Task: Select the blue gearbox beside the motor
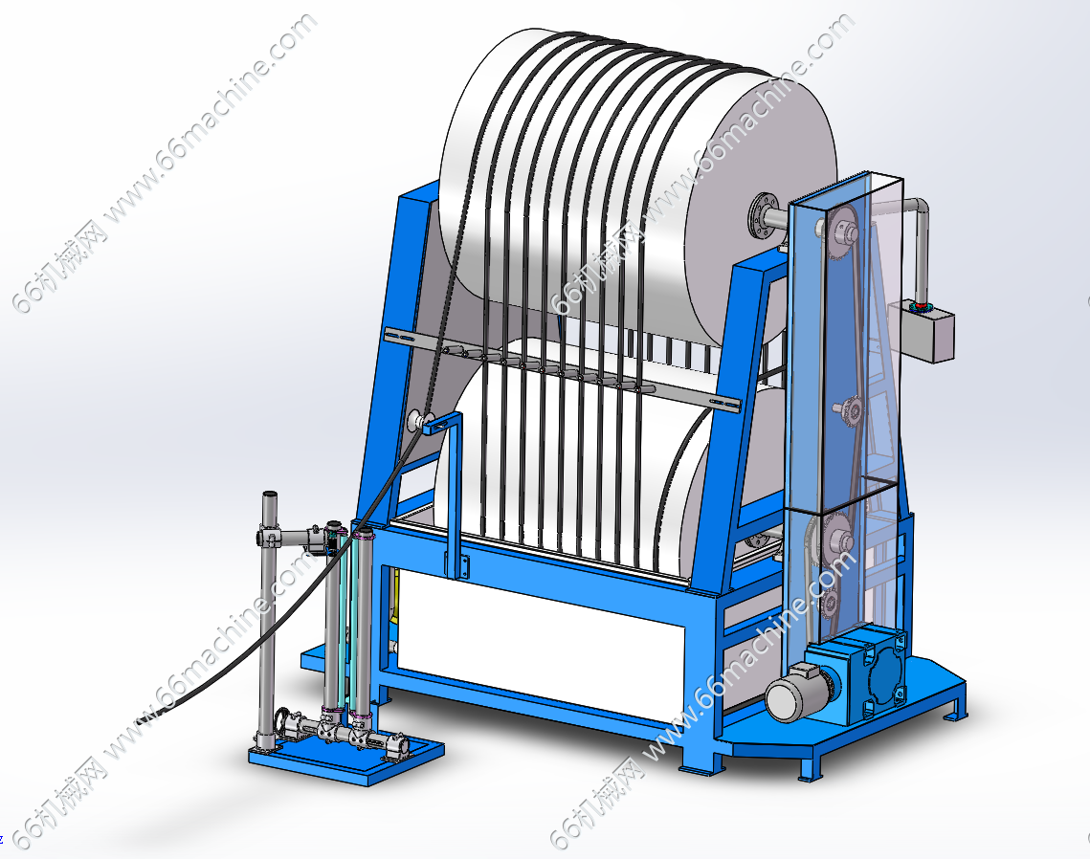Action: [x=873, y=674]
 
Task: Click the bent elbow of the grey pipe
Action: [x=919, y=208]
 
